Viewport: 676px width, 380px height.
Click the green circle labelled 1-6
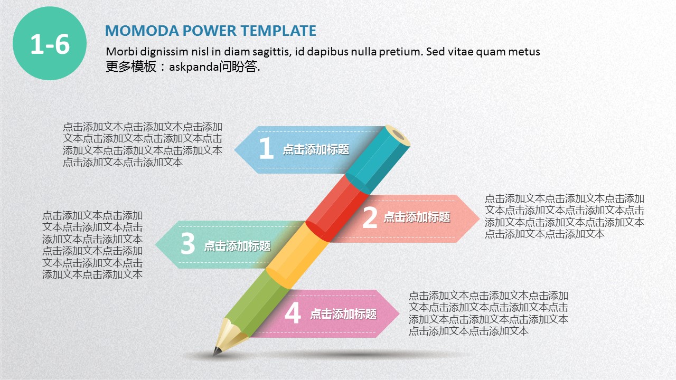click(x=50, y=43)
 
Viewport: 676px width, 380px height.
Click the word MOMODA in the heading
click(x=142, y=31)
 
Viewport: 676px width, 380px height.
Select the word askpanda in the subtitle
click(x=194, y=67)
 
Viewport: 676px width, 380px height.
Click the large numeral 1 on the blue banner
click(x=266, y=148)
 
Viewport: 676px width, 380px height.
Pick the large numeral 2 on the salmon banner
click(x=370, y=217)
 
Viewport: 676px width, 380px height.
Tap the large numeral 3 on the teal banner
click(x=187, y=243)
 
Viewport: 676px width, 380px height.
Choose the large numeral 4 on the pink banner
click(x=293, y=313)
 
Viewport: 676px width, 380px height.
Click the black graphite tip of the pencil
click(x=216, y=351)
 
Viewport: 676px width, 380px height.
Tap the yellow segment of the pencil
click(x=297, y=256)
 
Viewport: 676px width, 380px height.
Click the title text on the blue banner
click(x=316, y=149)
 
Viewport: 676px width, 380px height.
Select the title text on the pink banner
click(x=343, y=314)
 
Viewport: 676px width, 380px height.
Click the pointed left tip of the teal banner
click(x=156, y=244)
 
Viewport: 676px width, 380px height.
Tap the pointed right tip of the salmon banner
click(x=479, y=218)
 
